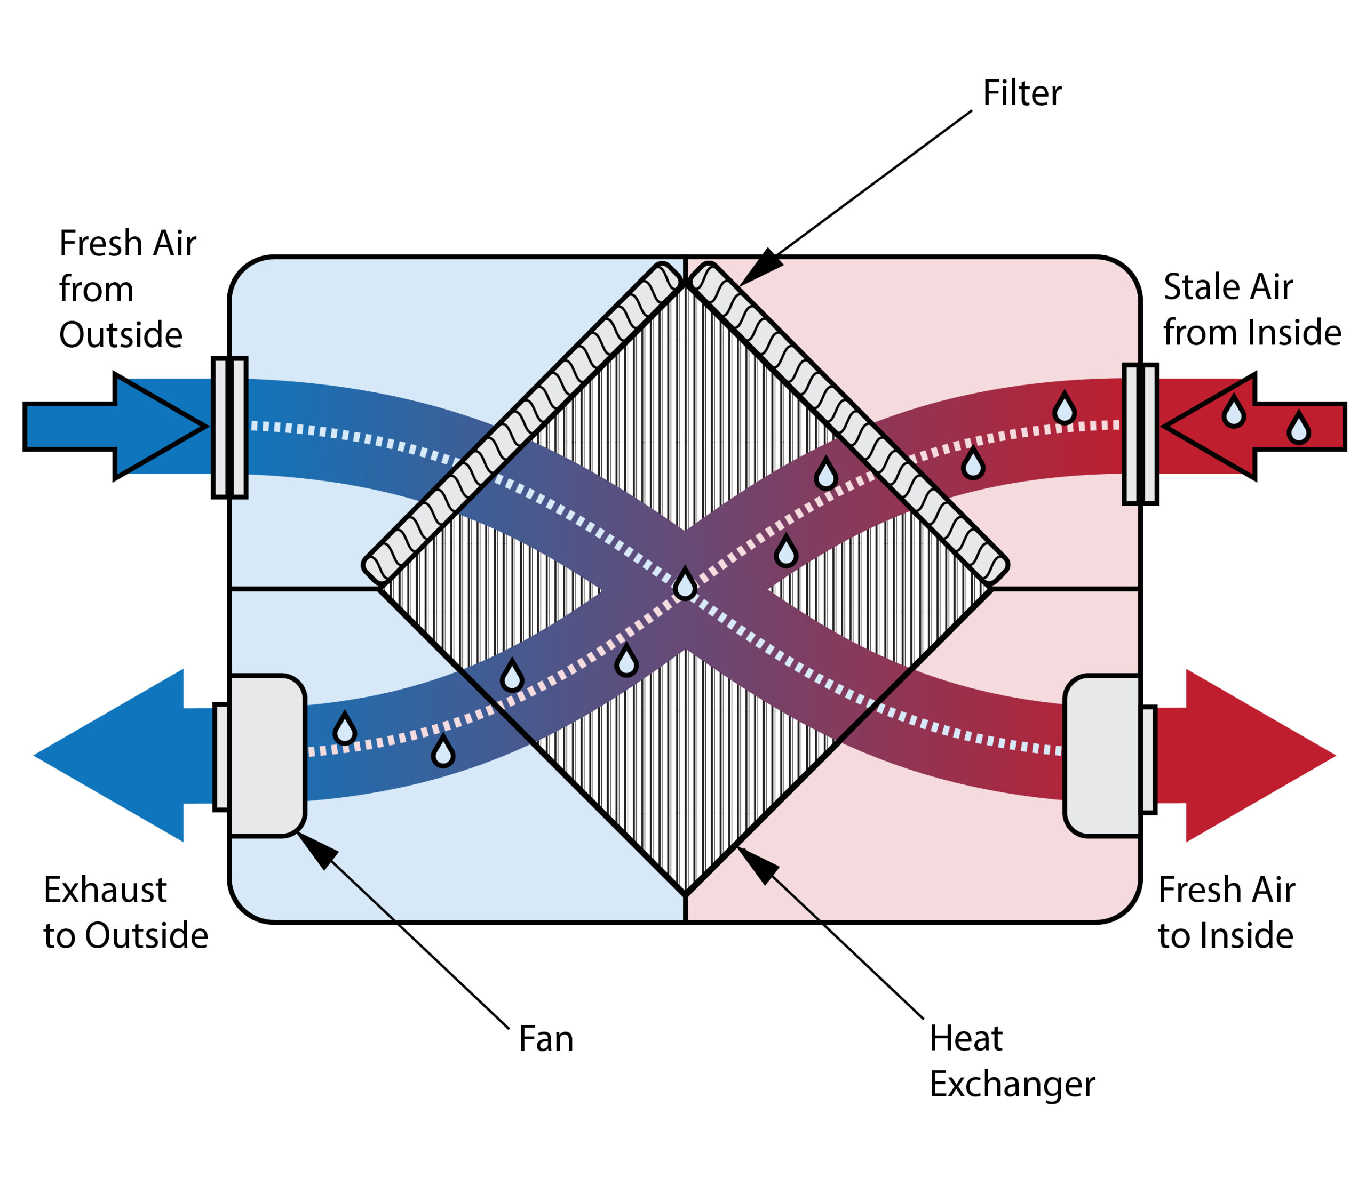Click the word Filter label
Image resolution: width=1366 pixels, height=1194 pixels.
pyautogui.click(x=1021, y=93)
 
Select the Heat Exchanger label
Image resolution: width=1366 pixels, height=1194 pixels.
pyautogui.click(x=1011, y=1061)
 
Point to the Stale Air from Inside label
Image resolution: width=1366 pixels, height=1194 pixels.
pyautogui.click(x=1251, y=310)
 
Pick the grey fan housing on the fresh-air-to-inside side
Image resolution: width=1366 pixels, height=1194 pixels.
pyautogui.click(x=1101, y=756)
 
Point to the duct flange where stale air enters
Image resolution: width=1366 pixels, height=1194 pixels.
pyautogui.click(x=1140, y=434)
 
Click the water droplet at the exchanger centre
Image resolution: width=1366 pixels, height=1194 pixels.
pyautogui.click(x=685, y=584)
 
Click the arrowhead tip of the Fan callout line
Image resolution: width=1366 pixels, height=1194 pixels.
pyautogui.click(x=297, y=833)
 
